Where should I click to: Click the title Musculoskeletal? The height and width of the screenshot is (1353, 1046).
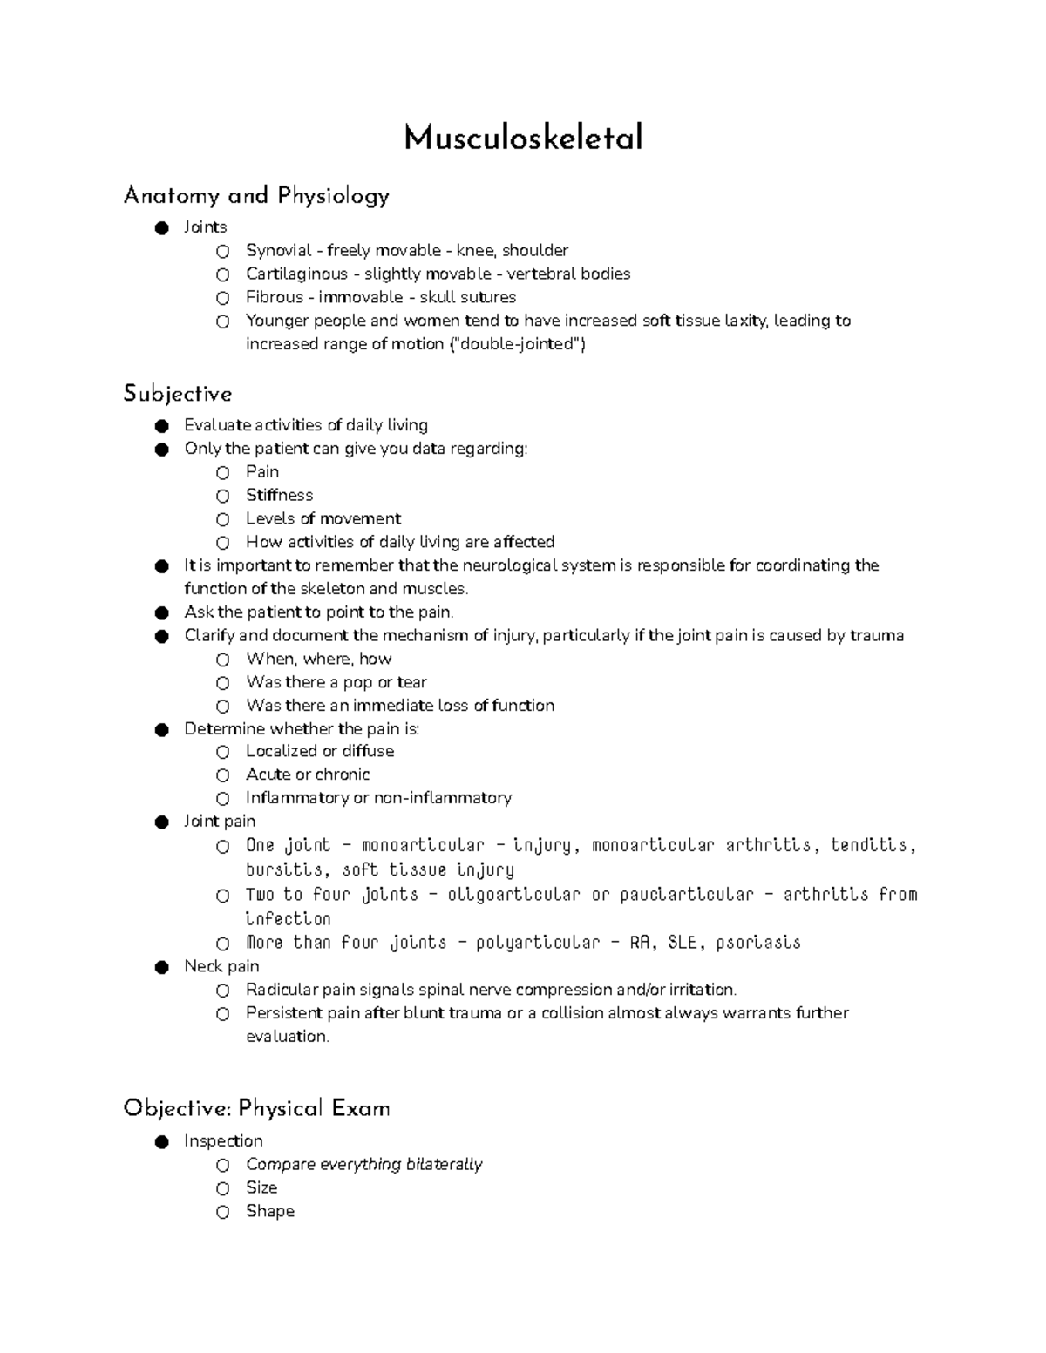[523, 138]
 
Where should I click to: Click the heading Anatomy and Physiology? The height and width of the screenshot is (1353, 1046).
[256, 196]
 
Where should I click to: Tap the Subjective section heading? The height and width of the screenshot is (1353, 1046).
[178, 394]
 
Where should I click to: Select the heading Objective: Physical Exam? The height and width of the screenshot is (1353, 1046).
[256, 1108]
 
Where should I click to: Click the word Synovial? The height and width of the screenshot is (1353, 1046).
[278, 251]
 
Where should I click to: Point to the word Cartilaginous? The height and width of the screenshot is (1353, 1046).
[296, 274]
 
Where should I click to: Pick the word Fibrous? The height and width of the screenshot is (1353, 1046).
[274, 297]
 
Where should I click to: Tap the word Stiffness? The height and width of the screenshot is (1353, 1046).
[279, 495]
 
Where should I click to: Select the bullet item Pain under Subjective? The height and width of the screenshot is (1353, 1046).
[262, 471]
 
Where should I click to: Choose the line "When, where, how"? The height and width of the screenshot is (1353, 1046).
[319, 659]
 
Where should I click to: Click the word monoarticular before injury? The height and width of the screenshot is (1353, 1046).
[422, 845]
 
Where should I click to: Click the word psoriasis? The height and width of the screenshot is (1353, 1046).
[762, 943]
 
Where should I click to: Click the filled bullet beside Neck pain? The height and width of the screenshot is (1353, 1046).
[161, 967]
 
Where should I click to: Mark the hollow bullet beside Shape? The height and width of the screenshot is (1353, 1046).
[223, 1212]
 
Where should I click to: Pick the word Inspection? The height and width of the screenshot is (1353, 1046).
[223, 1140]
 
